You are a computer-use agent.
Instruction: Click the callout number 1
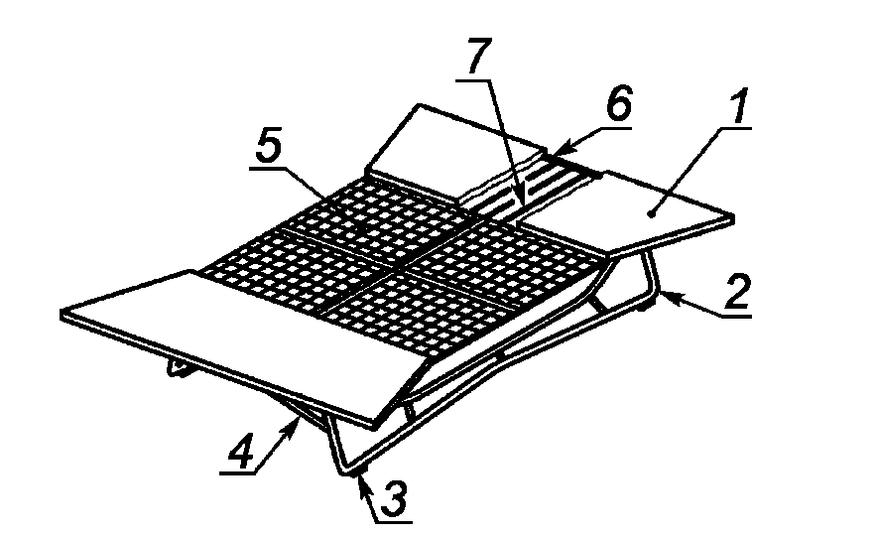coord(739,106)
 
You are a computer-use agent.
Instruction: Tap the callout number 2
coord(738,292)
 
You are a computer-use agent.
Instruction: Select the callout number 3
coord(394,499)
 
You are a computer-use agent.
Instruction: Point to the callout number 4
coord(242,450)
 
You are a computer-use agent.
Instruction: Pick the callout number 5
coord(269,148)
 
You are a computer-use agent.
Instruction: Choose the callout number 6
coord(620,103)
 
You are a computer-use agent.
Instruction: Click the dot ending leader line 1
coord(651,213)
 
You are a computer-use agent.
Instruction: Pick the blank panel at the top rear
coord(454,149)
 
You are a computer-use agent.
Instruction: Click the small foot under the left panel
coord(180,367)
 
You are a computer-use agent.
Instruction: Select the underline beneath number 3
coord(394,522)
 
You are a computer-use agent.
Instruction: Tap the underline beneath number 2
coord(736,317)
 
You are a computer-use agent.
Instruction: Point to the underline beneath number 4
coord(237,473)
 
